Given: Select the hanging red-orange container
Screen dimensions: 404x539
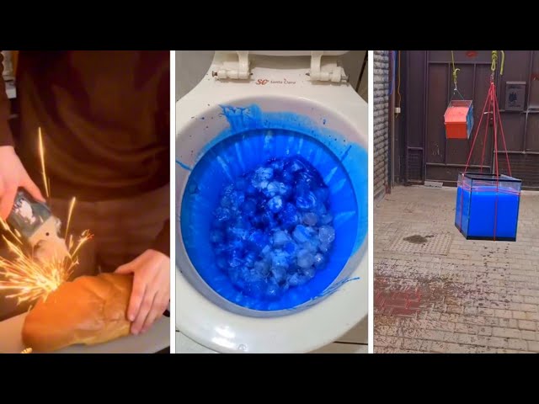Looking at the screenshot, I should [458, 119].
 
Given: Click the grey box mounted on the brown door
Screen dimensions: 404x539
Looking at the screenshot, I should [515, 95].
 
